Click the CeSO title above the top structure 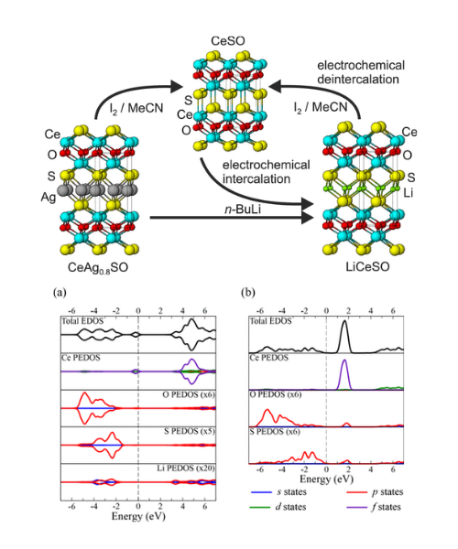pyautogui.click(x=228, y=41)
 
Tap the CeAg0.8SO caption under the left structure pyautogui.click(x=98, y=268)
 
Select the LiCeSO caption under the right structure pyautogui.click(x=367, y=267)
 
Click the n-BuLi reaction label pyautogui.click(x=243, y=210)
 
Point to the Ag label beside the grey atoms pyautogui.click(x=49, y=198)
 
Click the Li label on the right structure pyautogui.click(x=409, y=192)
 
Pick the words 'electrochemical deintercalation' pyautogui.click(x=361, y=72)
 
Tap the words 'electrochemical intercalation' pyautogui.click(x=266, y=172)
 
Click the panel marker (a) pyautogui.click(x=60, y=293)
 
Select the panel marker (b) pyautogui.click(x=248, y=293)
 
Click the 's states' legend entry pyautogui.click(x=279, y=492)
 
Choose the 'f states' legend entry pyautogui.click(x=374, y=507)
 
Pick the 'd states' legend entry pyautogui.click(x=278, y=507)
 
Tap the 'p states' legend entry pyautogui.click(x=375, y=492)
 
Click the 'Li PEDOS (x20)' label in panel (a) pyautogui.click(x=186, y=468)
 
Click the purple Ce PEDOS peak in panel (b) pyautogui.click(x=344, y=374)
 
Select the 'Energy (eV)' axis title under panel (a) pyautogui.click(x=138, y=516)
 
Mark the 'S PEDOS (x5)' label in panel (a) pyautogui.click(x=190, y=431)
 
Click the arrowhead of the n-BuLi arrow pyautogui.click(x=308, y=218)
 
